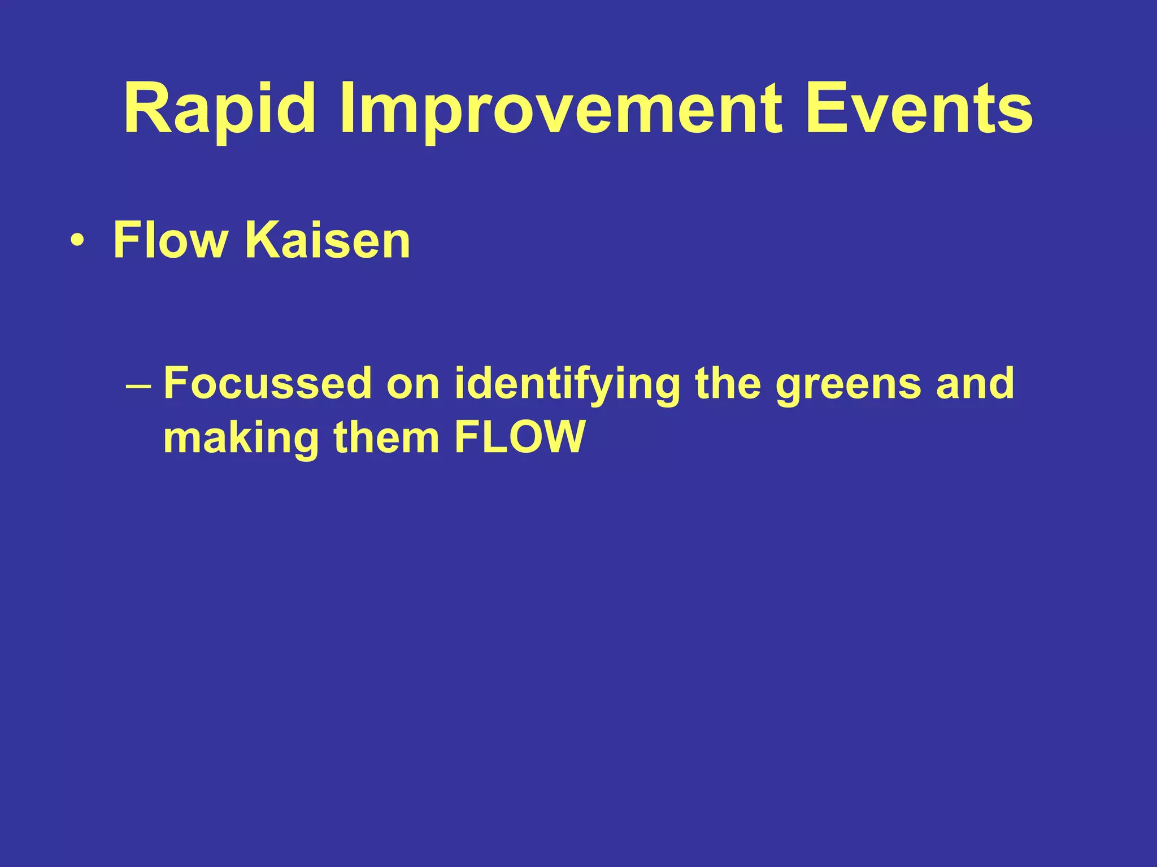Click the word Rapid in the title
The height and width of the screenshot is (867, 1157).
pos(220,109)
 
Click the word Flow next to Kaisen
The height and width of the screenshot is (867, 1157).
pos(170,240)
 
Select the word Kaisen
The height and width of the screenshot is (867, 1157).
pos(328,240)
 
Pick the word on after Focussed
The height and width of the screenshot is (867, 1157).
pos(413,384)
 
